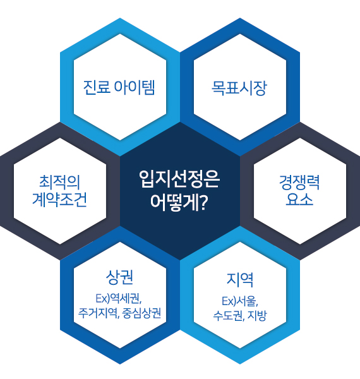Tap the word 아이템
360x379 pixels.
135,87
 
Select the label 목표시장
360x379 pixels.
239,88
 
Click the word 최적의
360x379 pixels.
59,182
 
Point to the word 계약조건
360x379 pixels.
59,200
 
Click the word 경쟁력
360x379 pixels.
299,182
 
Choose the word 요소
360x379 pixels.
299,200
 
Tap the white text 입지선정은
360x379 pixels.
179,179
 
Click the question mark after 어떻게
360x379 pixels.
203,203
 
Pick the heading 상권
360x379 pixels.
119,277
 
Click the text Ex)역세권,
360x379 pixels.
119,299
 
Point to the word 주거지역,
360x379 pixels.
99,313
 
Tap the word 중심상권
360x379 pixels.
142,313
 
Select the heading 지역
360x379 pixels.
240,280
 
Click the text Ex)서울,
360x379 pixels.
240,301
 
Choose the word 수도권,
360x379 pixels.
229,316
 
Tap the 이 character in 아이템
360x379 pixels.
135,87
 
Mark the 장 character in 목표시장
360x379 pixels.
260,88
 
